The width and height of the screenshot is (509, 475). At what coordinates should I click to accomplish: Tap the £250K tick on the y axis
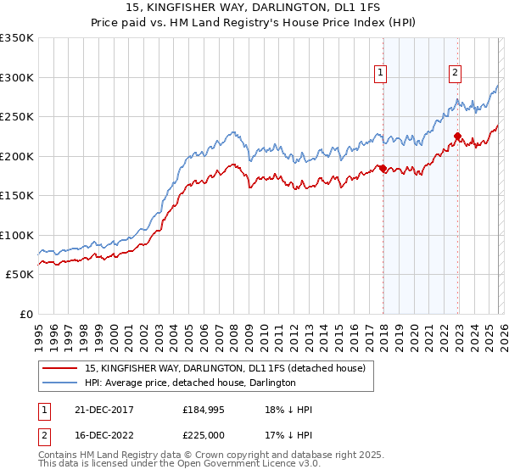[x=17, y=116]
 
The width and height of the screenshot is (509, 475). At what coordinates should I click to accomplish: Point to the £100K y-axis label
[x=17, y=235]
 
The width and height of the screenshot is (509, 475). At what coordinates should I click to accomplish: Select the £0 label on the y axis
[x=25, y=314]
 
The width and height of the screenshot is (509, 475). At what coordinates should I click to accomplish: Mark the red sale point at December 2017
[x=383, y=168]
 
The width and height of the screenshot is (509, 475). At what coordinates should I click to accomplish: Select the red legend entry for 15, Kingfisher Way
[x=225, y=368]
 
